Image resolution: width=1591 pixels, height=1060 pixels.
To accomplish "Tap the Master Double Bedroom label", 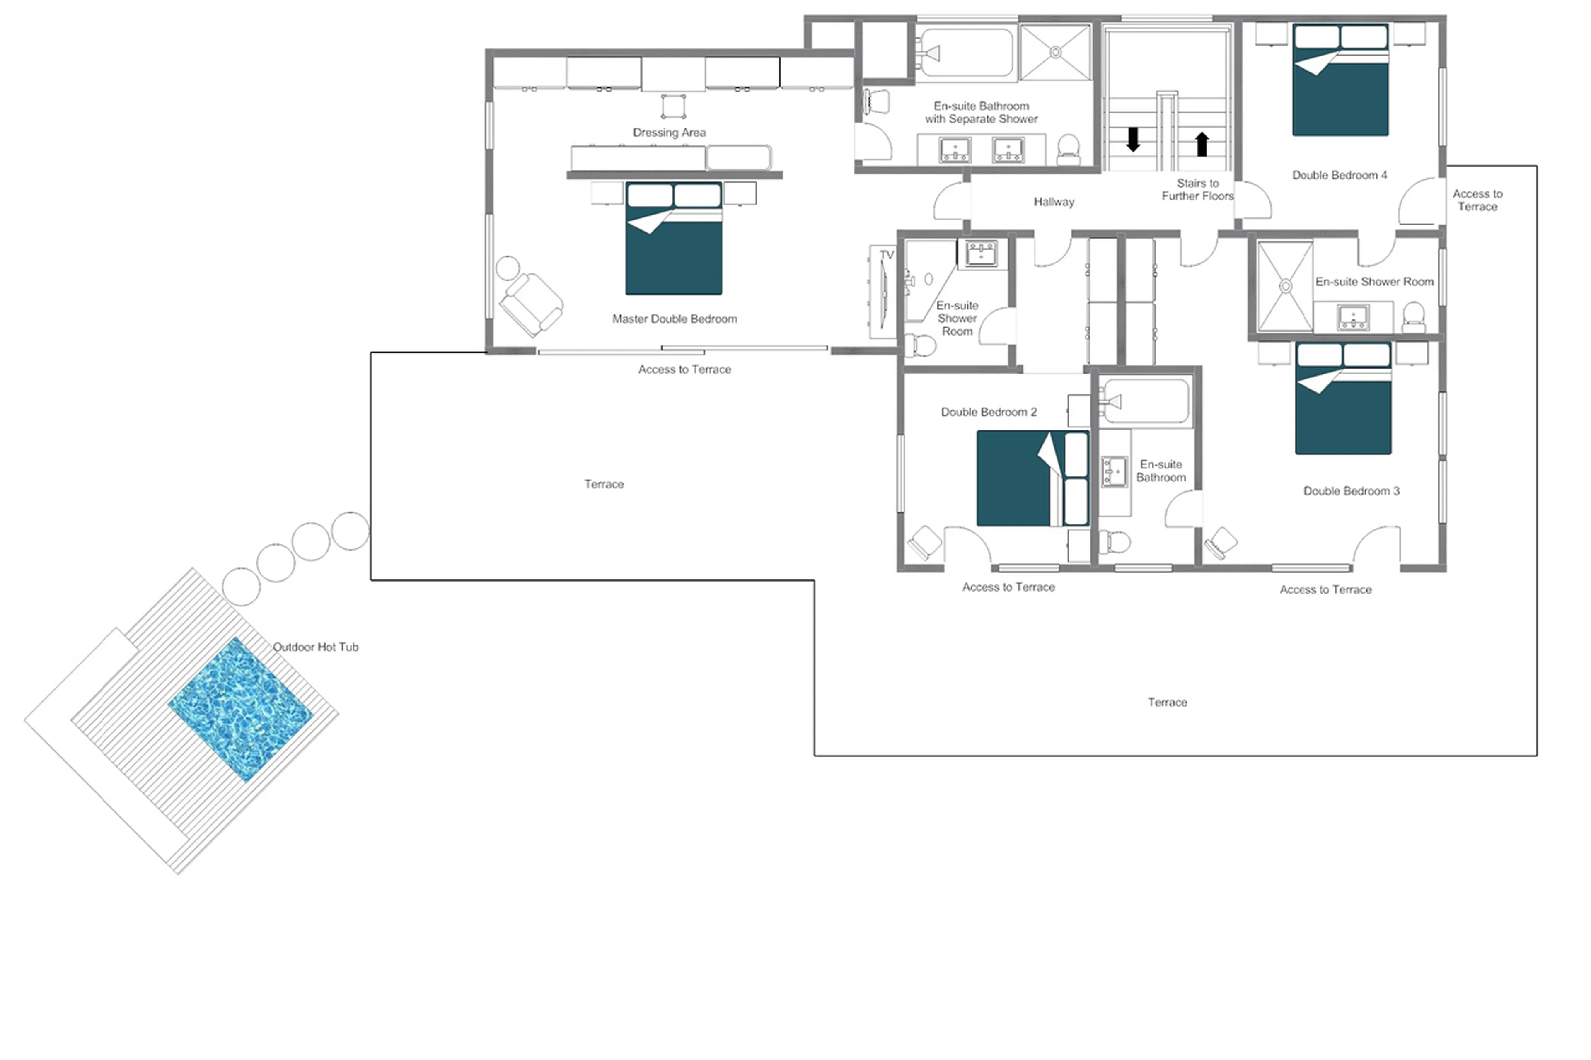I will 674,319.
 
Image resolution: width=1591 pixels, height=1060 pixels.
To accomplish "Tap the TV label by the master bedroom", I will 886,255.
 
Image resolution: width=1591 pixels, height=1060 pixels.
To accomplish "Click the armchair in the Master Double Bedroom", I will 532,304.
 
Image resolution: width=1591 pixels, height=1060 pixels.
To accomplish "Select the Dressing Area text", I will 669,133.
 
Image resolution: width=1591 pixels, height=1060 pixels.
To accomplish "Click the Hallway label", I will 1054,201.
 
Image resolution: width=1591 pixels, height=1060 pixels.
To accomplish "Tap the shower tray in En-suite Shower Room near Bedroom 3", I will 1285,286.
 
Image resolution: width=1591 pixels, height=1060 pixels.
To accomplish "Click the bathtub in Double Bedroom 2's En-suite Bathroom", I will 1145,401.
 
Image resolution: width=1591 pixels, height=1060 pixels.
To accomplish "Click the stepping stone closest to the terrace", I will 350,531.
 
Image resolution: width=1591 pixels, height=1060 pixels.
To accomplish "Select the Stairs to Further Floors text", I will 1197,189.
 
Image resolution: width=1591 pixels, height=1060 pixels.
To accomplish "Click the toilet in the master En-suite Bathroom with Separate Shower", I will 1068,149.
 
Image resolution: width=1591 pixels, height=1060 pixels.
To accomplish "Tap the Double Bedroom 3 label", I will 1351,491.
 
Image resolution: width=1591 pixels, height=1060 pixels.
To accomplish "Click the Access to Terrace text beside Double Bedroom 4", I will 1477,200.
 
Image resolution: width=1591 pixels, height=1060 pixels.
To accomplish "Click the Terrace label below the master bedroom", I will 604,484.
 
